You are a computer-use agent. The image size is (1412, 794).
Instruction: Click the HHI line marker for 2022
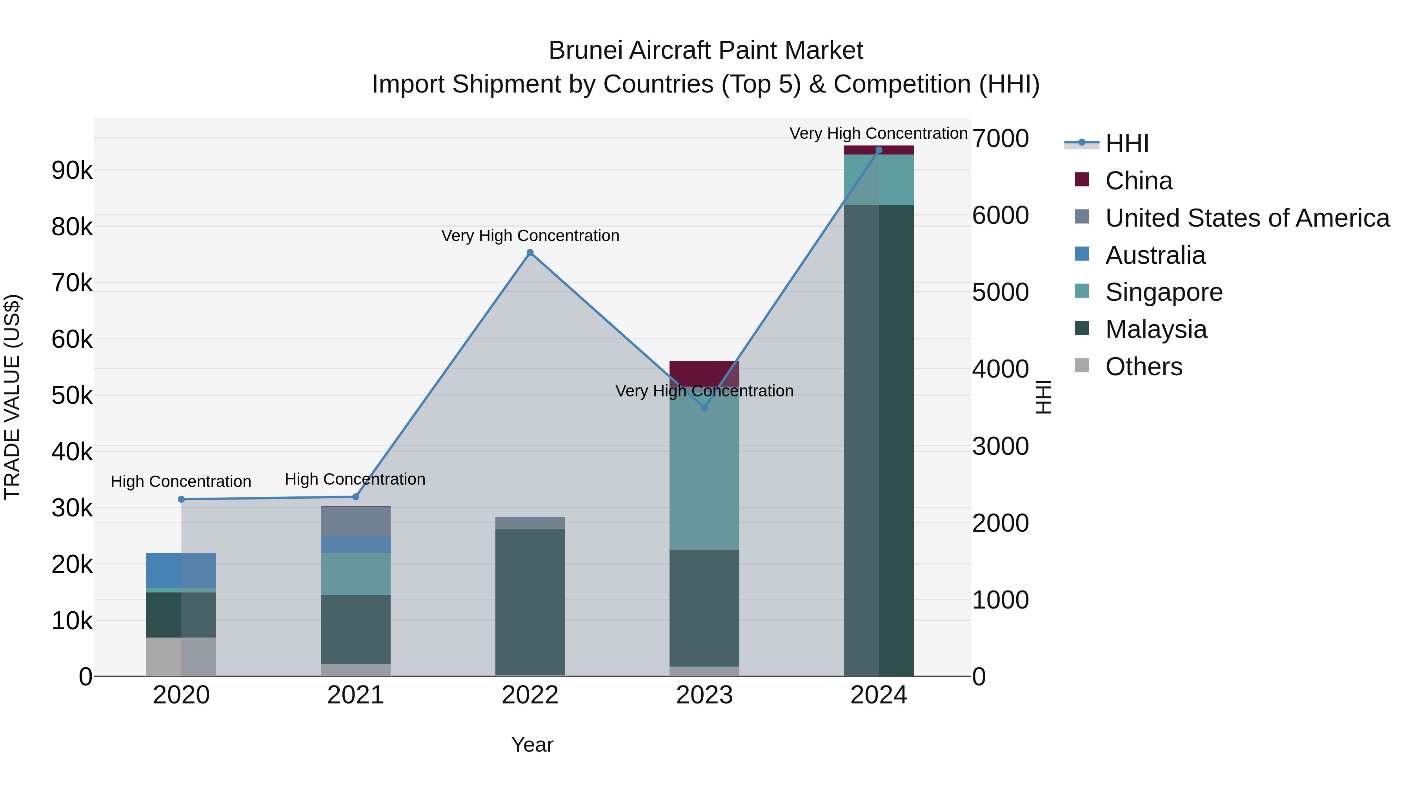(x=529, y=253)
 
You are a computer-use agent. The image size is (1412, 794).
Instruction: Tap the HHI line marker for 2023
(x=704, y=407)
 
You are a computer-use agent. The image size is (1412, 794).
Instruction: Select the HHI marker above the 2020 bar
(x=182, y=499)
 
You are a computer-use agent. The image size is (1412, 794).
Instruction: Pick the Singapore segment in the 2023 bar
(x=704, y=471)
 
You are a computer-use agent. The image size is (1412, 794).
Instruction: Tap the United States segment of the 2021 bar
(x=355, y=521)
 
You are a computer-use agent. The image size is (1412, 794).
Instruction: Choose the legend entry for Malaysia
(x=1155, y=329)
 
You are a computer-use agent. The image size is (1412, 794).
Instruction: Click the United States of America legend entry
(x=1247, y=218)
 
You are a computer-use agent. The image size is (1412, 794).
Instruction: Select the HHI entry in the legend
(x=1126, y=144)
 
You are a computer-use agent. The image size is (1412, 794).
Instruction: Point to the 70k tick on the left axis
(x=72, y=283)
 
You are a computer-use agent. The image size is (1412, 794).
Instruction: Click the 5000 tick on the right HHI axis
(x=1000, y=292)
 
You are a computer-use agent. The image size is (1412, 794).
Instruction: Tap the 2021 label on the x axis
(x=355, y=695)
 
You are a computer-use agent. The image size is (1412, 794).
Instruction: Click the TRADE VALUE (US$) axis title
(x=12, y=397)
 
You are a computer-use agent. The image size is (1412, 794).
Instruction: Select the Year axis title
(x=532, y=745)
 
